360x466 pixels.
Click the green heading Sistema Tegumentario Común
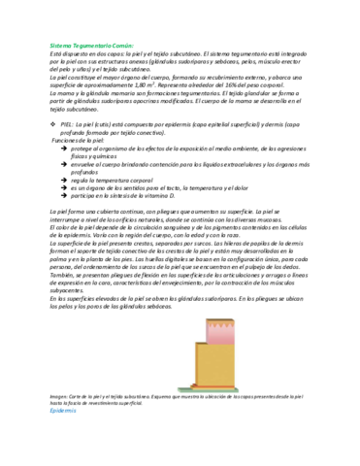(x=92, y=46)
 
